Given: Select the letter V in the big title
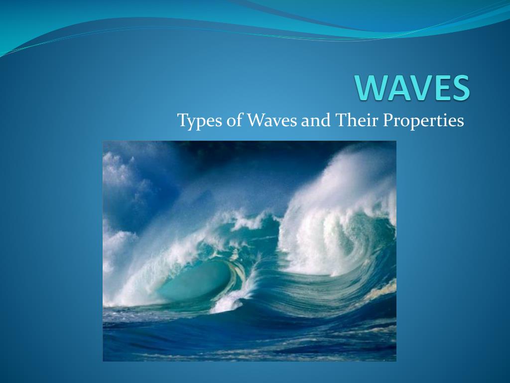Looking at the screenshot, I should [x=420, y=88].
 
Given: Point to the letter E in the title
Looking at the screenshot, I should [x=440, y=88].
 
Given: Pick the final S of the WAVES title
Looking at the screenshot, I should [x=459, y=88].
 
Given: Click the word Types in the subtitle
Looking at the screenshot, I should [x=196, y=121].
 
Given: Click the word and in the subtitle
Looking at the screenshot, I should [x=312, y=120].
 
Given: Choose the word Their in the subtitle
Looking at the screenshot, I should [x=353, y=120].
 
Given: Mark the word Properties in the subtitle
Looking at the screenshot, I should [x=423, y=121].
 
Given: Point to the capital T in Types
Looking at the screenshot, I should [x=182, y=120].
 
